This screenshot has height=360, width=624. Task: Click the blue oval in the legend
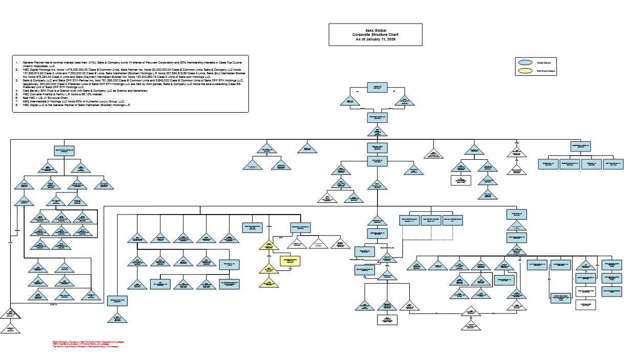coord(525,62)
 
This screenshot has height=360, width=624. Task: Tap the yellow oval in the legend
coord(525,71)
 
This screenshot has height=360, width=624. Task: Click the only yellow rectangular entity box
coord(289,261)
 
